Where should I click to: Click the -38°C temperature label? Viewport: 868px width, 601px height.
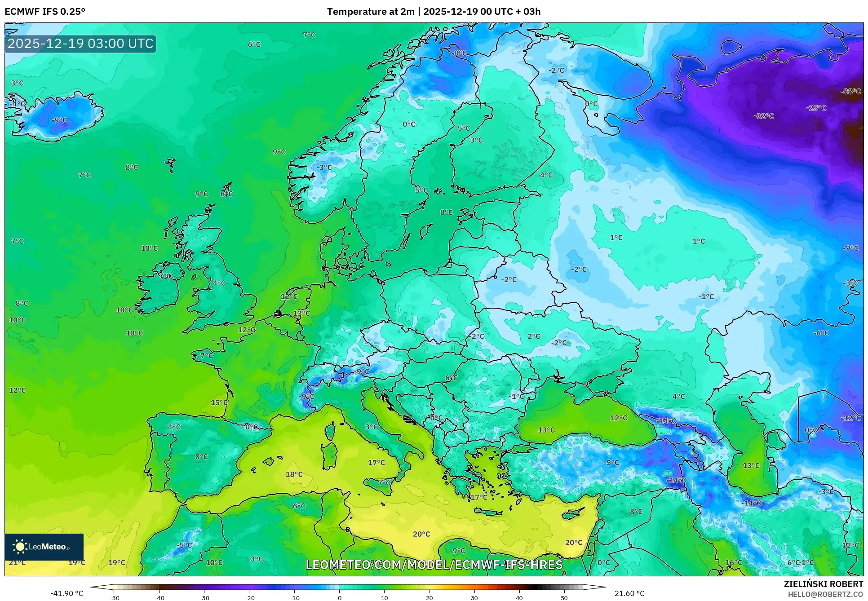coord(850,92)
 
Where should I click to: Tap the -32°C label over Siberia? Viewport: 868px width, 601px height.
coord(764,116)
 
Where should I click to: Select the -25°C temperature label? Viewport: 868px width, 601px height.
coord(816,108)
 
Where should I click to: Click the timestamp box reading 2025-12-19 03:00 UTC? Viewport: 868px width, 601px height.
coord(80,44)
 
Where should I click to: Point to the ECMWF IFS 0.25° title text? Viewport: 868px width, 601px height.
coord(45,12)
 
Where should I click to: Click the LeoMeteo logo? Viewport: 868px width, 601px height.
coord(44,547)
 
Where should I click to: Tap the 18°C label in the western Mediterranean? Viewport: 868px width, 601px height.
coord(294,474)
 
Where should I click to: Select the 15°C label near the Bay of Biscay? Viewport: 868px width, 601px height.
coord(219,403)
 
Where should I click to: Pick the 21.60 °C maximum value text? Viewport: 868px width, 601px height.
coord(629,593)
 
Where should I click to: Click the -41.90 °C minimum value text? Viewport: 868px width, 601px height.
coord(66,593)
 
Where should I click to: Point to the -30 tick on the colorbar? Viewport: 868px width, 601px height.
coord(204,598)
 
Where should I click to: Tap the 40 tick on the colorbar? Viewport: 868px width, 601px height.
coord(519,598)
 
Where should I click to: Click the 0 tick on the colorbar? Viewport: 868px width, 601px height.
coord(339,598)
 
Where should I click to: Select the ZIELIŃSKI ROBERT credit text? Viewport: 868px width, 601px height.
coord(823,584)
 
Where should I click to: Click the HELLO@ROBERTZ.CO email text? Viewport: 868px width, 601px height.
coord(825,594)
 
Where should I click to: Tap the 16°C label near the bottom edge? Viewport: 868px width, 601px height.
coord(733,563)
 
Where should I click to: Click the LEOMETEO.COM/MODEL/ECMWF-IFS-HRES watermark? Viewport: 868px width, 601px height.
coord(434,565)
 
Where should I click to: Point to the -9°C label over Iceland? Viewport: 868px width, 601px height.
coord(59,120)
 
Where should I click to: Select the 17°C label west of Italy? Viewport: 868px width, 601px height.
coord(376,463)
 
